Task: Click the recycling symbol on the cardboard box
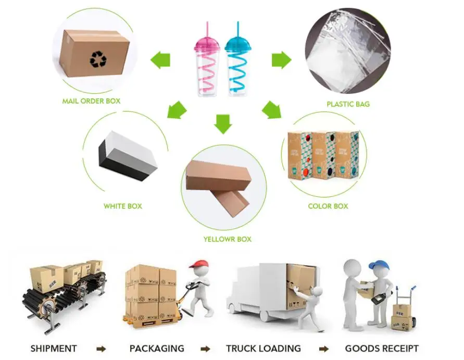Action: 97,59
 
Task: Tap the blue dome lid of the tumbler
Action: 238,46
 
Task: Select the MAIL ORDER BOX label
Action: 91,101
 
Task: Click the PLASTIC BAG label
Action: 348,104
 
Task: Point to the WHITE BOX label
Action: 122,206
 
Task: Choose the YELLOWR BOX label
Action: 227,239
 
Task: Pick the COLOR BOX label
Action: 328,206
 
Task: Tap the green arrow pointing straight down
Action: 223,124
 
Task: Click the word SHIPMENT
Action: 54,349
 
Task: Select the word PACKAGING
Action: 157,349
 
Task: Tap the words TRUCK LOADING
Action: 263,349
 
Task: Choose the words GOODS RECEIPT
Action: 382,349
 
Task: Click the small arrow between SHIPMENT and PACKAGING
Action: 102,349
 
